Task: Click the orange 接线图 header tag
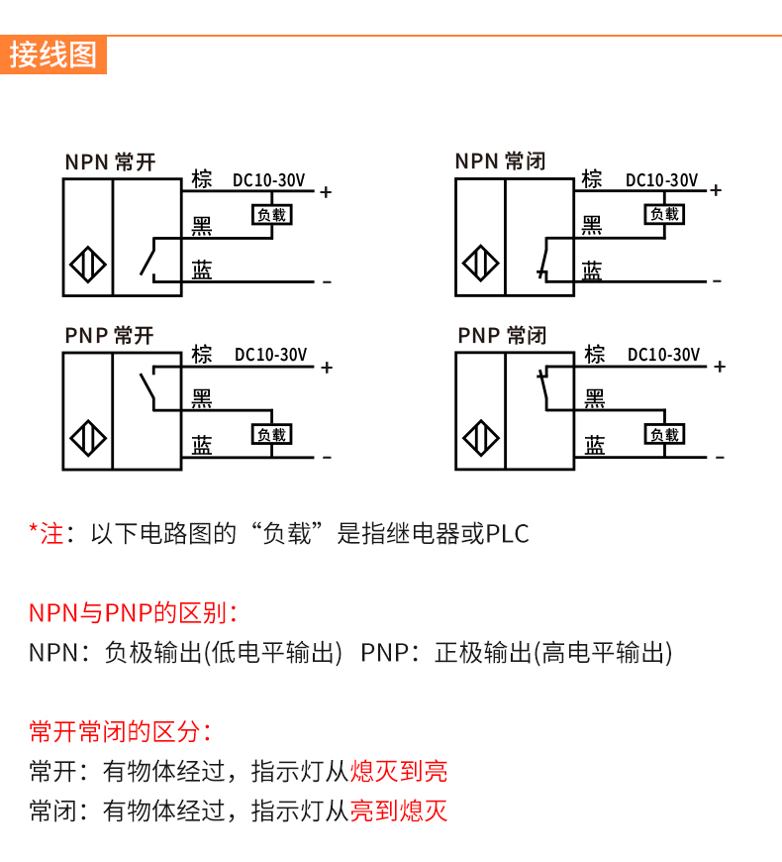(53, 54)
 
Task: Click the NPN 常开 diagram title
(110, 162)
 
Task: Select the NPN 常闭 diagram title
(500, 162)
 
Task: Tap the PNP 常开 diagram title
(110, 336)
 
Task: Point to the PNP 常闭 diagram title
(502, 336)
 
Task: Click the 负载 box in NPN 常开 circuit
(271, 214)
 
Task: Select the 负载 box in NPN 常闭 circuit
(663, 214)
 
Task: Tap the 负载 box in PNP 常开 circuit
(271, 434)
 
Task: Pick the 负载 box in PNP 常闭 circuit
(664, 434)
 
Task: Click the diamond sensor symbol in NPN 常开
(88, 266)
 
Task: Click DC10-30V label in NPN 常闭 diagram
(661, 180)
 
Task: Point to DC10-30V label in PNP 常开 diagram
(270, 355)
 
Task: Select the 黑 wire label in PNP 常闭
(594, 399)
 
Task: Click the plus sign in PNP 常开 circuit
(327, 368)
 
